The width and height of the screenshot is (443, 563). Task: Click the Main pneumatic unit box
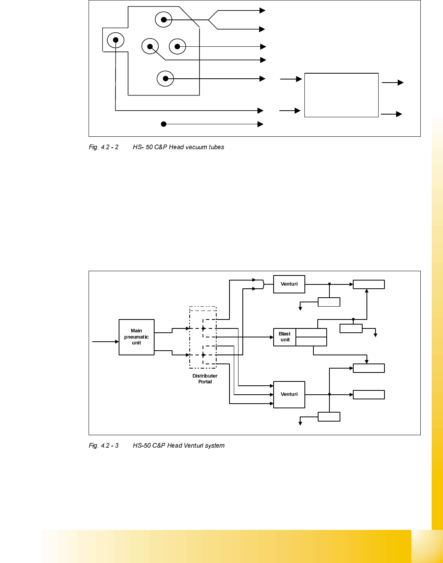[136, 337]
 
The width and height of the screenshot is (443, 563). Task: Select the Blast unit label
[285, 337]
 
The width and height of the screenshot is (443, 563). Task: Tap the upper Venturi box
[289, 284]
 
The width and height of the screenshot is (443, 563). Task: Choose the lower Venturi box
[289, 394]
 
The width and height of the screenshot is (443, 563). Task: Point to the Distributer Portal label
[205, 379]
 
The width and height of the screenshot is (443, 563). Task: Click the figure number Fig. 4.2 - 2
[103, 147]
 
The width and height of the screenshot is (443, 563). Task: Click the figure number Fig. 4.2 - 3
[103, 446]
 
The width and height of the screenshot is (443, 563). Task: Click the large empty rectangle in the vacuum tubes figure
[341, 95]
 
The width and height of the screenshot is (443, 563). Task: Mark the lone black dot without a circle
[164, 124]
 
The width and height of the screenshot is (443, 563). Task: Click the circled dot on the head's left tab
[116, 40]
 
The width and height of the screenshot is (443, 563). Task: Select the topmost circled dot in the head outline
[164, 20]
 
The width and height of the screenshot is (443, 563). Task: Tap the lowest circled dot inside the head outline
[165, 79]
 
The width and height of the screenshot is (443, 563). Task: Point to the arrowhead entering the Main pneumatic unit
[117, 342]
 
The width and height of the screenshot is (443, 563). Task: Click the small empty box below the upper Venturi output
[329, 302]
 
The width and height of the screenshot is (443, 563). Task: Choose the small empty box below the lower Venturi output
[329, 417]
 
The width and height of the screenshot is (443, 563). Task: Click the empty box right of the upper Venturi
[368, 284]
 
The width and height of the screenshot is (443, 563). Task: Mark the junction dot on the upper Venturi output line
[329, 284]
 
